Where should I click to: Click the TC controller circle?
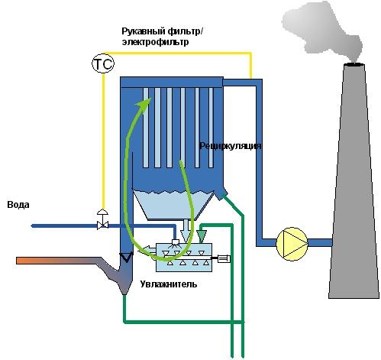(103, 63)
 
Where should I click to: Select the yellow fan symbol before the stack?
(292, 244)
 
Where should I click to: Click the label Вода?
(18, 205)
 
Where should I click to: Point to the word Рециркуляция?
(230, 146)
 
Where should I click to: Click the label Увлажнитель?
(169, 284)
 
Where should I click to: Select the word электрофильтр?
(155, 42)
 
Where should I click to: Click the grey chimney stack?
(354, 181)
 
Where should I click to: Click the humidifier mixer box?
(183, 257)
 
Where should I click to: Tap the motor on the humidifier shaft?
(224, 259)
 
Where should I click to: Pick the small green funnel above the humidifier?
(202, 236)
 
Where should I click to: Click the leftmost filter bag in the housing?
(146, 128)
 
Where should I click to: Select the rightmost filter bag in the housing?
(211, 128)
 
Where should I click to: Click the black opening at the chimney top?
(354, 64)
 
